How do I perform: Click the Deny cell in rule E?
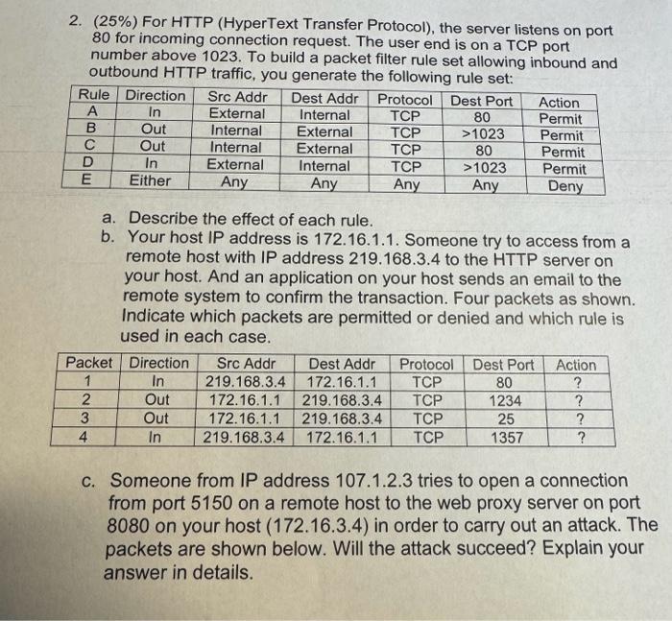point(564,186)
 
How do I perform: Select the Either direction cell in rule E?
point(150,180)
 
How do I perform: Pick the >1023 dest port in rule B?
point(484,133)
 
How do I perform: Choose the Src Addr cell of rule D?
point(235,164)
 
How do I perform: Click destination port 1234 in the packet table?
point(505,400)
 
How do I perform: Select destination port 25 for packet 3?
point(505,418)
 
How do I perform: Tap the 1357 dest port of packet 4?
point(505,437)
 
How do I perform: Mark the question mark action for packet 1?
point(577,383)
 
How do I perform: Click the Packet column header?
point(89,364)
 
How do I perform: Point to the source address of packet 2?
point(244,400)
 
